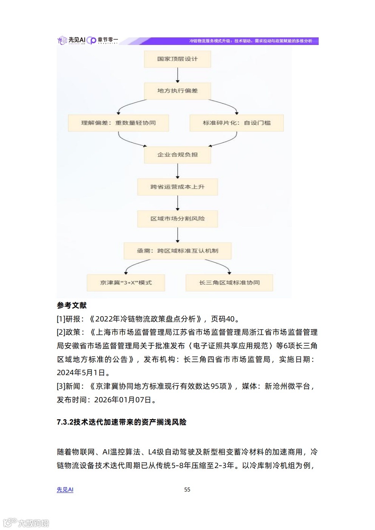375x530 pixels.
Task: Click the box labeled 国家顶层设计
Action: click(177, 59)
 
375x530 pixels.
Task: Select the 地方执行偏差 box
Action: click(177, 91)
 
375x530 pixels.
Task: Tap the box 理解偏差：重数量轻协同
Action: click(118, 123)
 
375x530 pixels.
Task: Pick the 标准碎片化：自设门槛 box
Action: click(237, 123)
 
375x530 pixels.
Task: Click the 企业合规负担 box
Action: click(177, 155)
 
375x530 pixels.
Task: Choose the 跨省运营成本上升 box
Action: click(177, 187)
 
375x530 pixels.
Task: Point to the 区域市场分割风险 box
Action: click(177, 218)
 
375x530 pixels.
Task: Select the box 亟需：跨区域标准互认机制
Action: click(177, 250)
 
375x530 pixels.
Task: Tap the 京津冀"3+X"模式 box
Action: click(126, 283)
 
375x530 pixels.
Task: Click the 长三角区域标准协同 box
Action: click(229, 283)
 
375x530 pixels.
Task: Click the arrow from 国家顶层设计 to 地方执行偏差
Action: click(177, 75)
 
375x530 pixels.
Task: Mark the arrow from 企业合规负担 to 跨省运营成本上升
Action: click(177, 171)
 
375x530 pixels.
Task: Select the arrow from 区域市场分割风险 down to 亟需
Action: click(177, 235)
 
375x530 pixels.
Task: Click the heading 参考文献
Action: click(72, 305)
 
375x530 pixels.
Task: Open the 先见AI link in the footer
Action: click(65, 490)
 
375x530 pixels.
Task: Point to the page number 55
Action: click(187, 490)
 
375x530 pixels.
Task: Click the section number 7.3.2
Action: click(65, 422)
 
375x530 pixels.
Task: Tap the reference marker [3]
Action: click(61, 386)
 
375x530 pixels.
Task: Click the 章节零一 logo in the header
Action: click(102, 40)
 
